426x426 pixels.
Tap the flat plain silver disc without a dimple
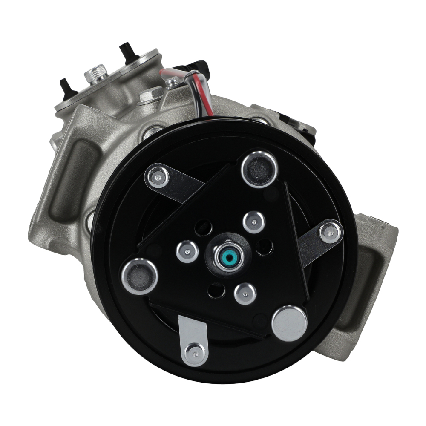click(289, 323)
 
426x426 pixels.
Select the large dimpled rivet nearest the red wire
click(259, 169)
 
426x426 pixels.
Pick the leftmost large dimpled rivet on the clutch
click(140, 276)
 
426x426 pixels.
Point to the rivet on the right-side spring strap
click(331, 232)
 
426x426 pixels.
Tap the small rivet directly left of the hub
click(187, 252)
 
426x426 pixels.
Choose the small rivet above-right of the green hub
click(254, 222)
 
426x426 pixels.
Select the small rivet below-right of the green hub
click(245, 294)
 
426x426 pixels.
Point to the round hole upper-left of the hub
click(203, 227)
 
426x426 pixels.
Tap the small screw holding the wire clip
click(173, 81)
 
